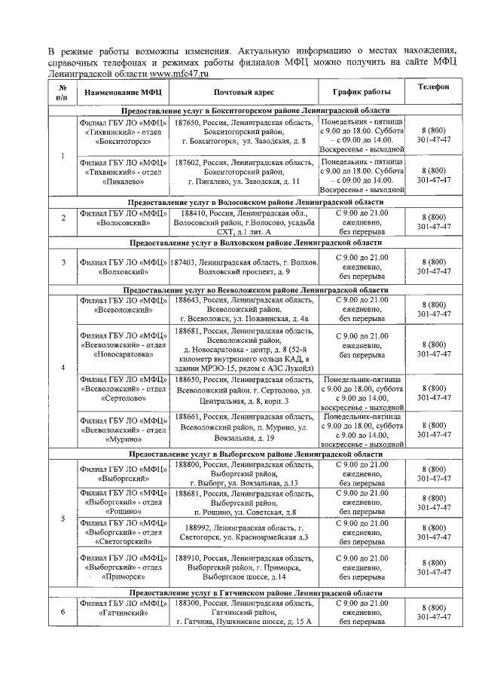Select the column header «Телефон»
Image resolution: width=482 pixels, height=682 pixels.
click(433, 87)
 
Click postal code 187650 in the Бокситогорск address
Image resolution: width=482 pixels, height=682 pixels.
click(188, 121)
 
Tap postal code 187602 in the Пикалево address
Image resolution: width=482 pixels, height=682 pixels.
click(188, 162)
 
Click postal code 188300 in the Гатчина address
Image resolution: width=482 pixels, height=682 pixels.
click(188, 604)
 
